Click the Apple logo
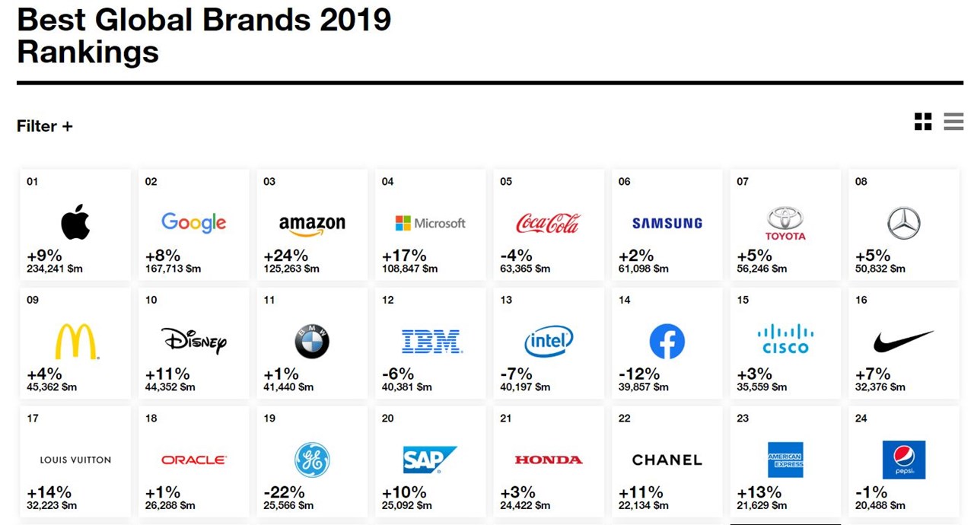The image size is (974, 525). tap(75, 223)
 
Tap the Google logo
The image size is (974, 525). tap(193, 223)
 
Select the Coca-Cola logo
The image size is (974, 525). tap(548, 223)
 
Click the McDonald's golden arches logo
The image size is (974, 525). tap(76, 342)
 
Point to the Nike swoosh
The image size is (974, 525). tap(903, 342)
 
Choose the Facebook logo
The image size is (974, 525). tap(667, 342)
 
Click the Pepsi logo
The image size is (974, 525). tap(903, 460)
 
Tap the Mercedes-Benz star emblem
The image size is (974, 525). tap(903, 223)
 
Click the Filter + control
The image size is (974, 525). tap(45, 126)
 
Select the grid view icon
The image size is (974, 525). tap(923, 122)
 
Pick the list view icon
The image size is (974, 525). tap(953, 122)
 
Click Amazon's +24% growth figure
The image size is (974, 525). tap(285, 256)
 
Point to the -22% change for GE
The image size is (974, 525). tap(284, 493)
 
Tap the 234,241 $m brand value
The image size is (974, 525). tap(54, 269)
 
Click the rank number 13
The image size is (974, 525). tap(506, 300)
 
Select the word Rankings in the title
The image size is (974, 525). tap(88, 52)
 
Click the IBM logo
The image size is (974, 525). tap(431, 342)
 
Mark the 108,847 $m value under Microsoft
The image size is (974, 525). tap(409, 269)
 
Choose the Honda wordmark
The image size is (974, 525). tap(548, 460)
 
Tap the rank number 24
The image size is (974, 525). tap(861, 418)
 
